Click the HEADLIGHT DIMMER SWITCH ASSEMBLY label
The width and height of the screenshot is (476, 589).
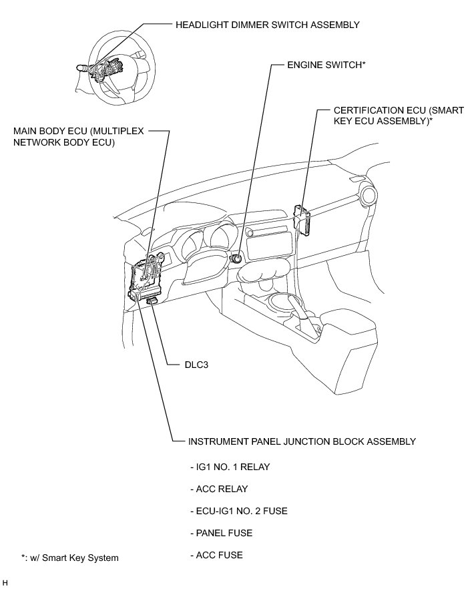coord(267,25)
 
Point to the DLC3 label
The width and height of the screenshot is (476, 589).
coord(198,365)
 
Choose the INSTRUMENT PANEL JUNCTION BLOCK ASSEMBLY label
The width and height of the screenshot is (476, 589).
coord(302,441)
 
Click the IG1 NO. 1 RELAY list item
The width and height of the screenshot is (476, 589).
coord(230,467)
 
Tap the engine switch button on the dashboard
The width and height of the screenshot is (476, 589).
coord(237,257)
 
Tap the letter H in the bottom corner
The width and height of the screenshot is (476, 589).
coord(5,583)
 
